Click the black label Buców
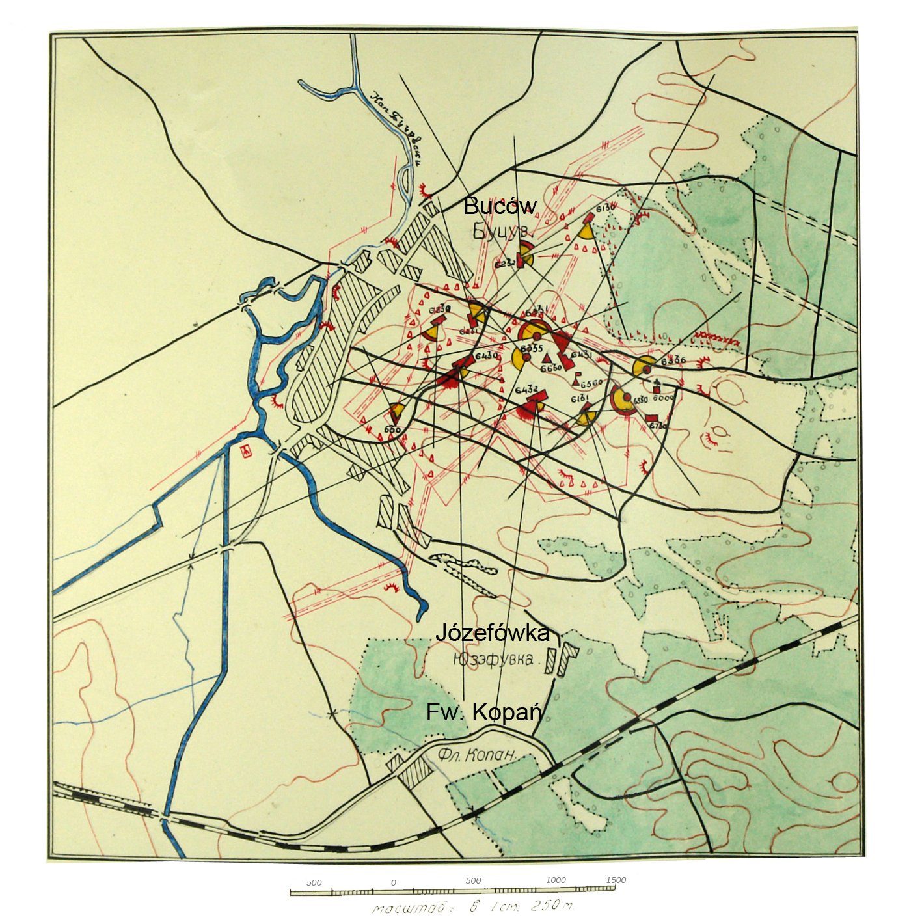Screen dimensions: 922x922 [500, 206]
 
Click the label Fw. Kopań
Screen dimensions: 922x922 [484, 712]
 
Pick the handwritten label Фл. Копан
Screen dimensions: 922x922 [477, 755]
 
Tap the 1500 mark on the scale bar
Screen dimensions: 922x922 [616, 880]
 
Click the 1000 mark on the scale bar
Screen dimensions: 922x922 [556, 880]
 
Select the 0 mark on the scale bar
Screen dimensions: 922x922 [393, 882]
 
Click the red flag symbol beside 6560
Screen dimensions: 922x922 [577, 378]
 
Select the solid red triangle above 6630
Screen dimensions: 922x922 [547, 359]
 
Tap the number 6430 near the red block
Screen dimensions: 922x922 [486, 356]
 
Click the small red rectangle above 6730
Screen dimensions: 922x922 [651, 418]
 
